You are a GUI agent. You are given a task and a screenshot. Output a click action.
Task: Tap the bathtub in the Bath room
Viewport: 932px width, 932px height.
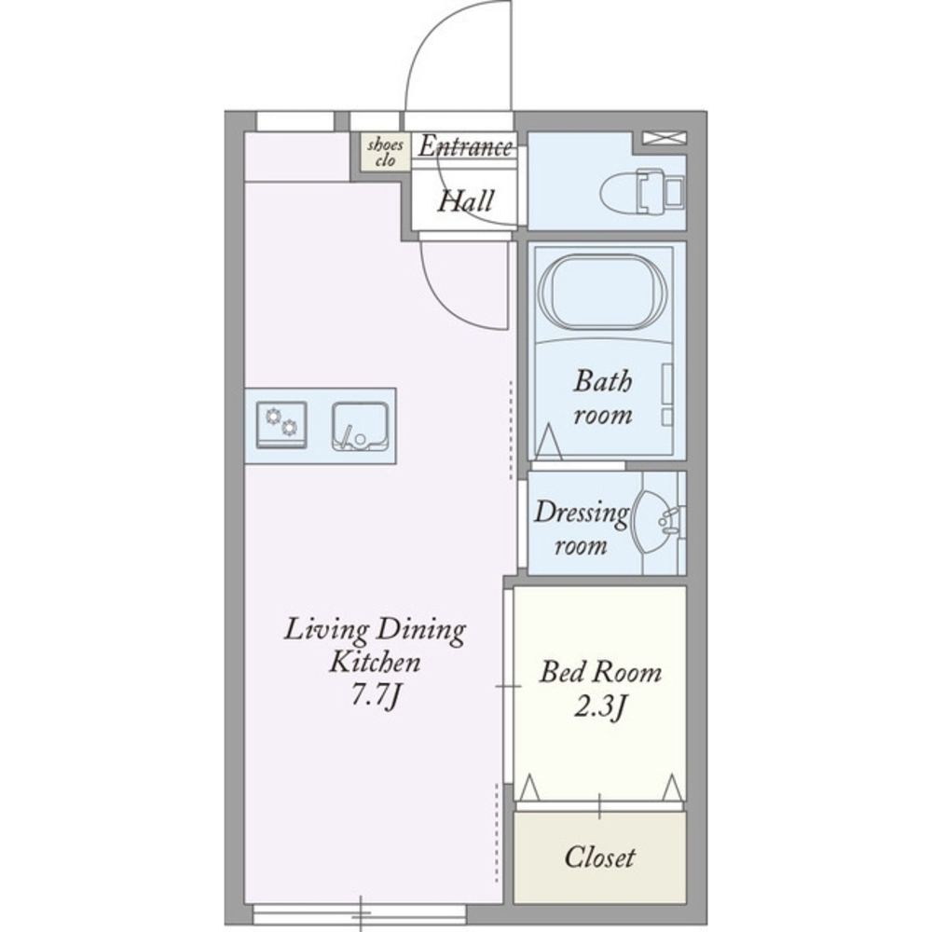click(x=602, y=292)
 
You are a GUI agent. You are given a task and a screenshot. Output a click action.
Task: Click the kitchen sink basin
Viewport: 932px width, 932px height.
click(x=360, y=426)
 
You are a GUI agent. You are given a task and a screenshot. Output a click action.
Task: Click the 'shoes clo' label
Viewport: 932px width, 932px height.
click(x=385, y=152)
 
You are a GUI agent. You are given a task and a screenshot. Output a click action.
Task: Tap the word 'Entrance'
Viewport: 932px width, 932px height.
click(x=465, y=146)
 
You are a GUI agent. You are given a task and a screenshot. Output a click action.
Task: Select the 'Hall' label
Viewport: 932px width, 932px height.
click(x=466, y=201)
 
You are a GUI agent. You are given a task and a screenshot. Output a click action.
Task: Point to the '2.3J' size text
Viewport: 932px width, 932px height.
click(x=600, y=707)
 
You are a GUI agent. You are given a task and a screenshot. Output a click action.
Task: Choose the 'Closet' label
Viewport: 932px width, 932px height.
click(x=599, y=857)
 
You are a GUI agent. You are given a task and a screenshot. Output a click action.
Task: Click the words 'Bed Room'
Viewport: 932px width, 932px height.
click(x=600, y=672)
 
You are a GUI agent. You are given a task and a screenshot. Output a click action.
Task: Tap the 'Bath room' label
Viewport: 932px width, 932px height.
click(x=603, y=397)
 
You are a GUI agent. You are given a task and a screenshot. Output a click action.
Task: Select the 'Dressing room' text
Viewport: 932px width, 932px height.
click(x=581, y=528)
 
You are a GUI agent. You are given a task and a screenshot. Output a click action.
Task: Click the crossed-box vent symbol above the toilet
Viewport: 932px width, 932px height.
click(x=665, y=138)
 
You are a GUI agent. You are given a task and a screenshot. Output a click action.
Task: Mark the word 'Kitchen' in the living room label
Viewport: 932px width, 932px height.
click(x=375, y=662)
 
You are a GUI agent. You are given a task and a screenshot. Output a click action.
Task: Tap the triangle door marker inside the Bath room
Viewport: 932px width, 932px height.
click(x=549, y=443)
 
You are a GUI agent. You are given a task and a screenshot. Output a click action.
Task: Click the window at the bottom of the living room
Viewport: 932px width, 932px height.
click(x=360, y=913)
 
